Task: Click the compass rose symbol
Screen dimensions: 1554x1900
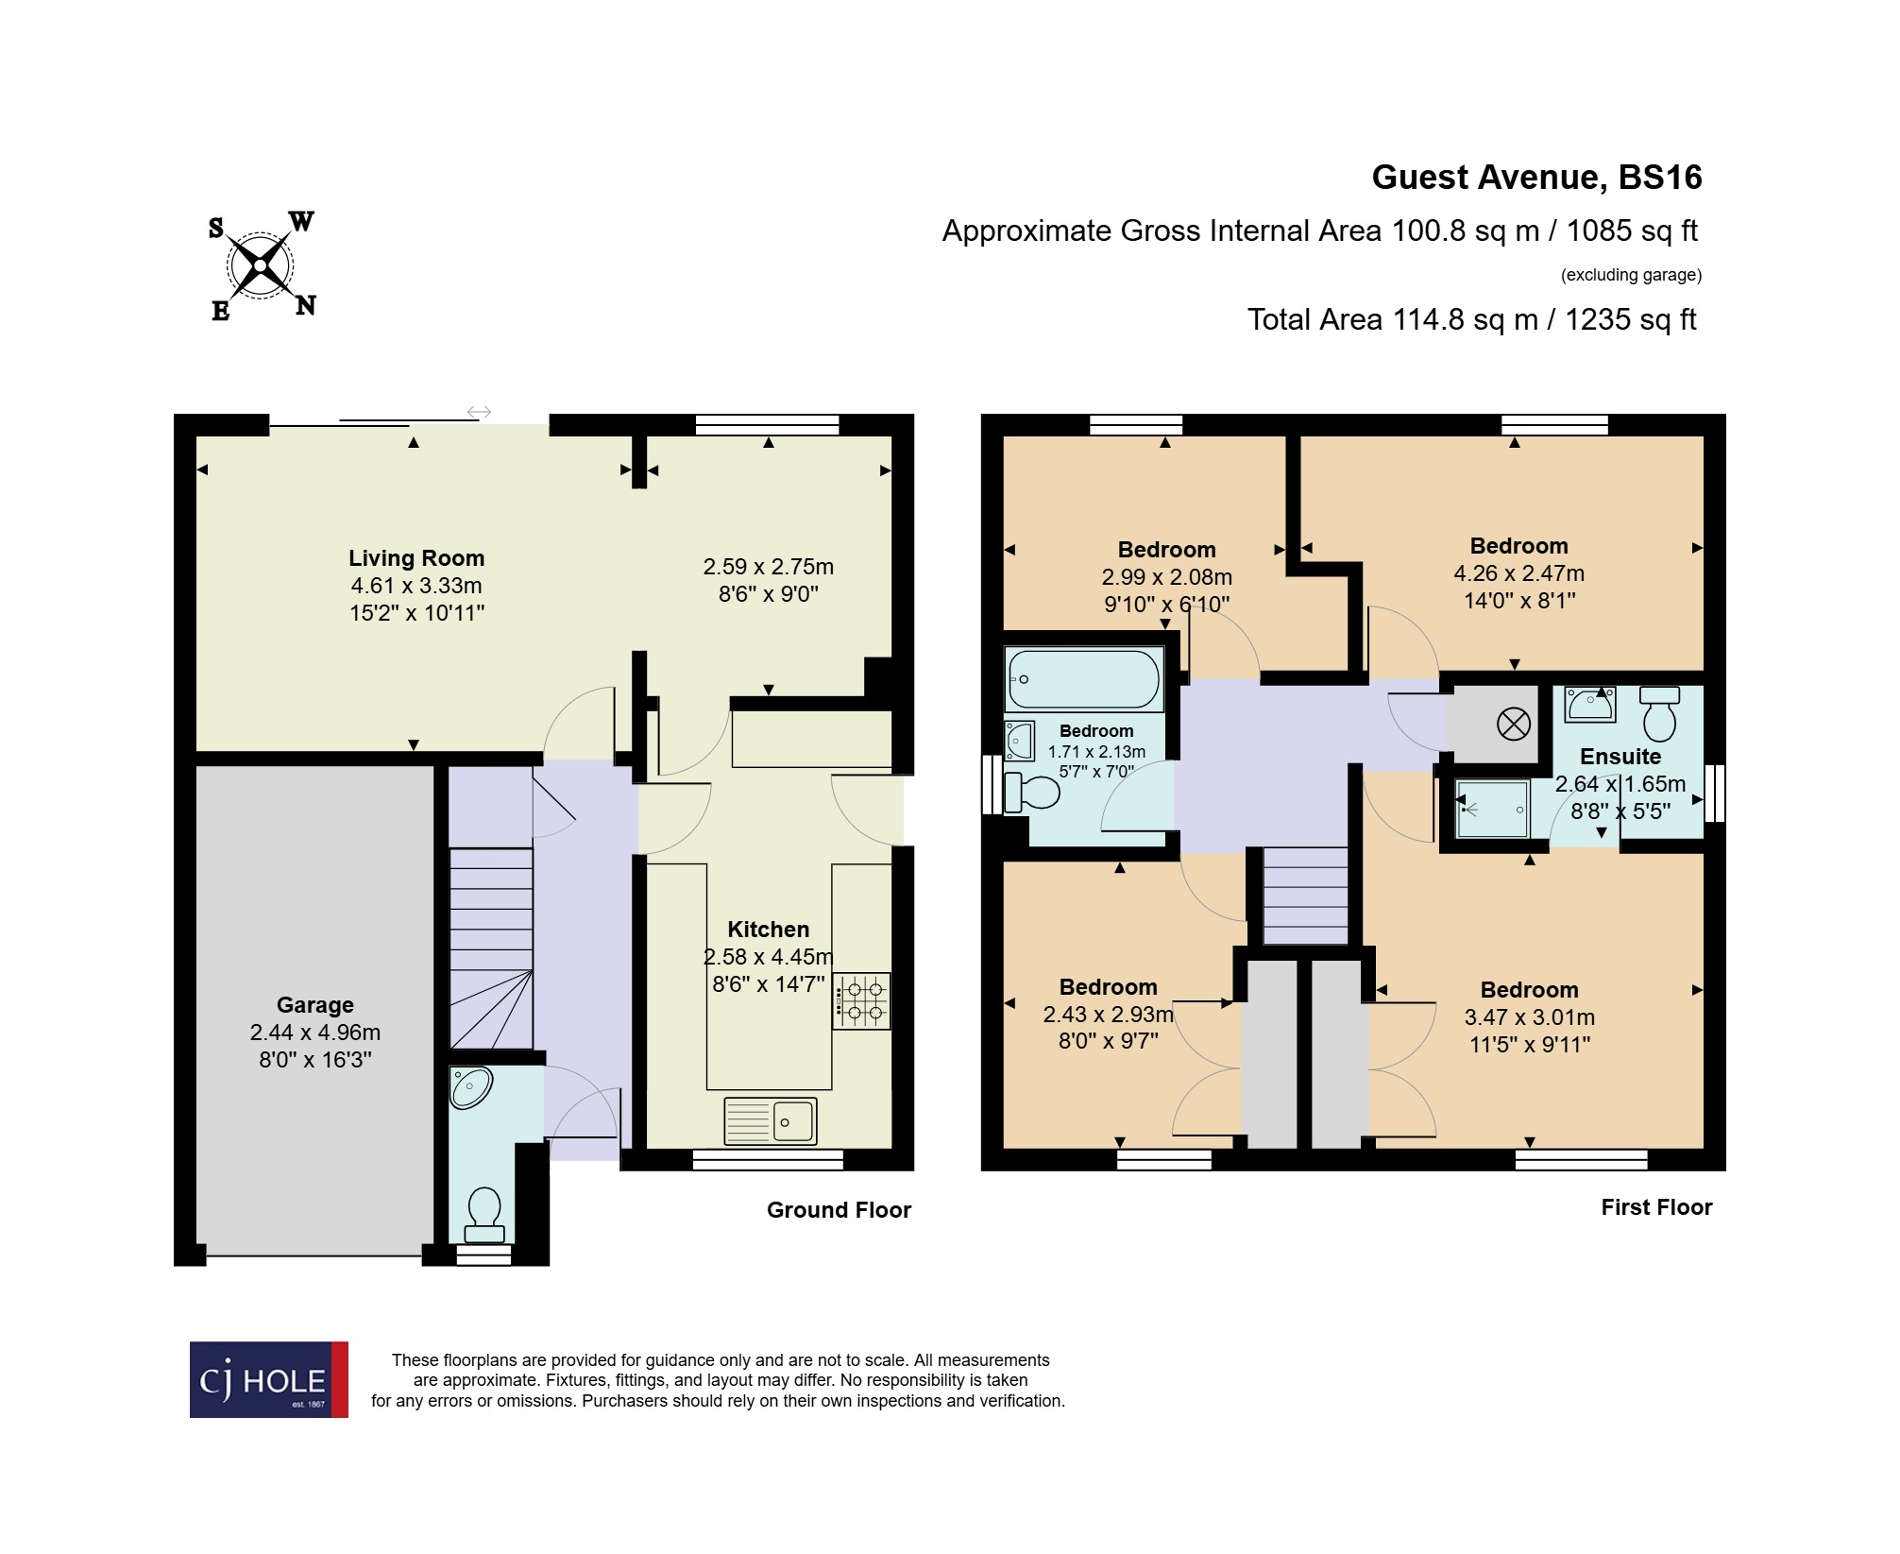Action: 261,265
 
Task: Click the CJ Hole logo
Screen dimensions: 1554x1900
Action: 269,1379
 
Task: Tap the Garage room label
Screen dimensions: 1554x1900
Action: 314,1005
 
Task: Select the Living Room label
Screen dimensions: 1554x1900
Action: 416,558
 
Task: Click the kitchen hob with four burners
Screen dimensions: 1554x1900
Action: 862,1001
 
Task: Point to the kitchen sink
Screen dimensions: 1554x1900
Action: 771,1120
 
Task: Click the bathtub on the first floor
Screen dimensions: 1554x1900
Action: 1083,678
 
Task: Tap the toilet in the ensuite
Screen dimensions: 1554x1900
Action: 1659,714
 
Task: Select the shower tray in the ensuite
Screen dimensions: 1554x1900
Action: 1492,809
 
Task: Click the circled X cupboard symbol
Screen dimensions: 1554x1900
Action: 1513,725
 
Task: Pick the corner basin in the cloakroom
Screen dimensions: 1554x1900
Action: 470,1086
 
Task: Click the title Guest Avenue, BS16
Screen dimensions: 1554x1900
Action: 1535,178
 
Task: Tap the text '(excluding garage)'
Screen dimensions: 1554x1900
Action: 1631,275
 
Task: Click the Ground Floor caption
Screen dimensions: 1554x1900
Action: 839,1210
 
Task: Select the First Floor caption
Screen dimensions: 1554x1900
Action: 1656,1207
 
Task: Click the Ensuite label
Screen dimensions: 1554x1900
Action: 1620,757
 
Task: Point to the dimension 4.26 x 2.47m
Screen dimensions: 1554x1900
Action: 1518,573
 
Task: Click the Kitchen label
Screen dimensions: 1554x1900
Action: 768,930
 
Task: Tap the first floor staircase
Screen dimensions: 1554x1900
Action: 1306,895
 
